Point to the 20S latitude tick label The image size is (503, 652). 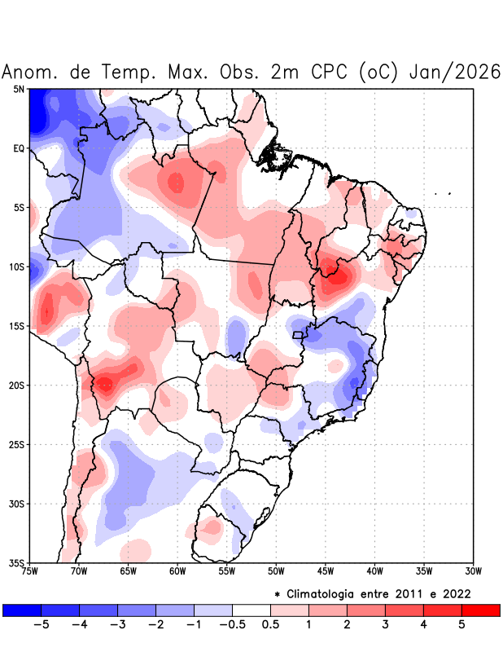pos(17,385)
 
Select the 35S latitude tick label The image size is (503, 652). pos(17,562)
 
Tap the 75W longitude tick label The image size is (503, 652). pos(30,570)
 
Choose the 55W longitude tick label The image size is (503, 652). pos(227,570)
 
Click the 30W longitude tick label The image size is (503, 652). pos(474,570)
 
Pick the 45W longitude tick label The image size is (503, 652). pos(326,570)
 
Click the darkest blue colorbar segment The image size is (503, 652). pos(22,610)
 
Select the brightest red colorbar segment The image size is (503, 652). pos(480,610)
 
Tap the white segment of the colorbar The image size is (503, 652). pos(251,610)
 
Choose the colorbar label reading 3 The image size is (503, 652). pos(385,625)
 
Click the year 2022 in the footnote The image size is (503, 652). pos(456,593)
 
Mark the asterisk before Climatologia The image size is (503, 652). pos(278,593)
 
